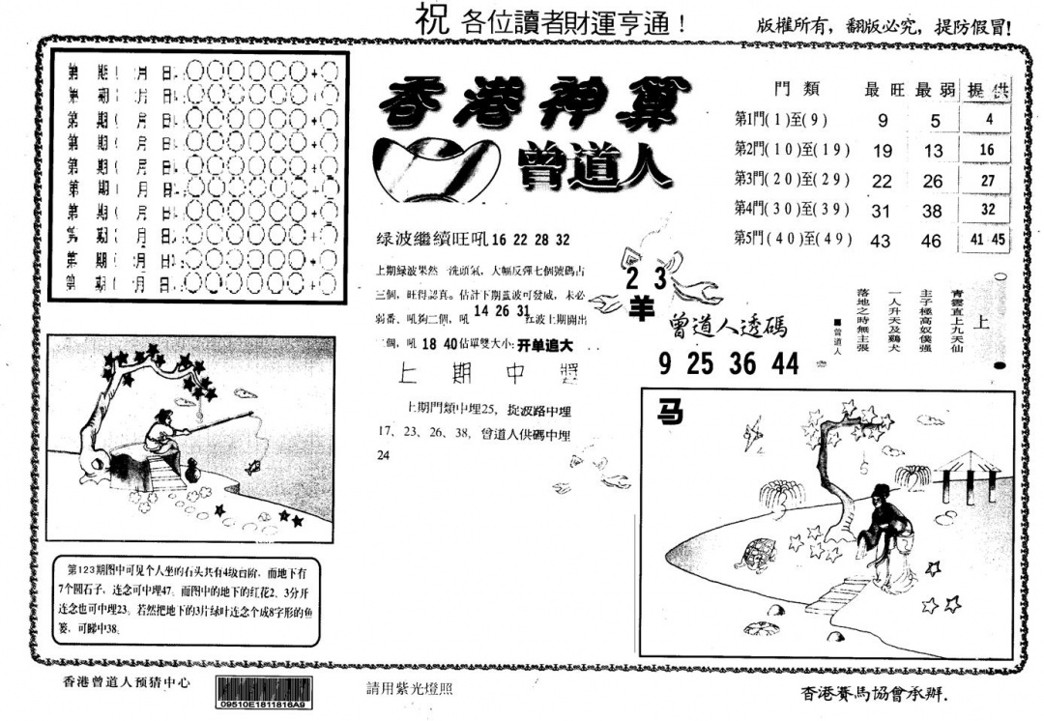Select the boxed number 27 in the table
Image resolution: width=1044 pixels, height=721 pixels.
(987, 180)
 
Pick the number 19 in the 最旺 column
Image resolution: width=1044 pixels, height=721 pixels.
(883, 151)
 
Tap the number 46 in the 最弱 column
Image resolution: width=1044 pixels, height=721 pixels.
(932, 241)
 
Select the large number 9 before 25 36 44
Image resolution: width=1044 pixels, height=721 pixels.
(664, 363)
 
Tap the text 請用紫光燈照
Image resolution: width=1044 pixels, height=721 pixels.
(405, 689)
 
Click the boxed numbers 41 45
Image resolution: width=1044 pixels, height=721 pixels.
(987, 240)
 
